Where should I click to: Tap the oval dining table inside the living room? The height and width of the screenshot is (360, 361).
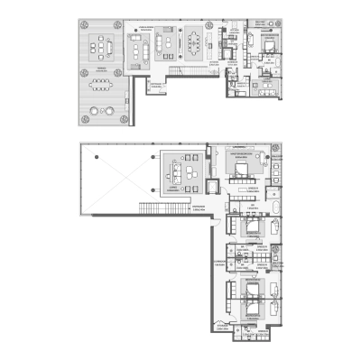point(197,40)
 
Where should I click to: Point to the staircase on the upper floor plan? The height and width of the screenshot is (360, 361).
point(189,75)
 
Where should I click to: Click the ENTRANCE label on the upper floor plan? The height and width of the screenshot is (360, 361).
point(159,84)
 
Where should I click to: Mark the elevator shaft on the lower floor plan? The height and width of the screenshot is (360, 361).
point(212,187)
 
